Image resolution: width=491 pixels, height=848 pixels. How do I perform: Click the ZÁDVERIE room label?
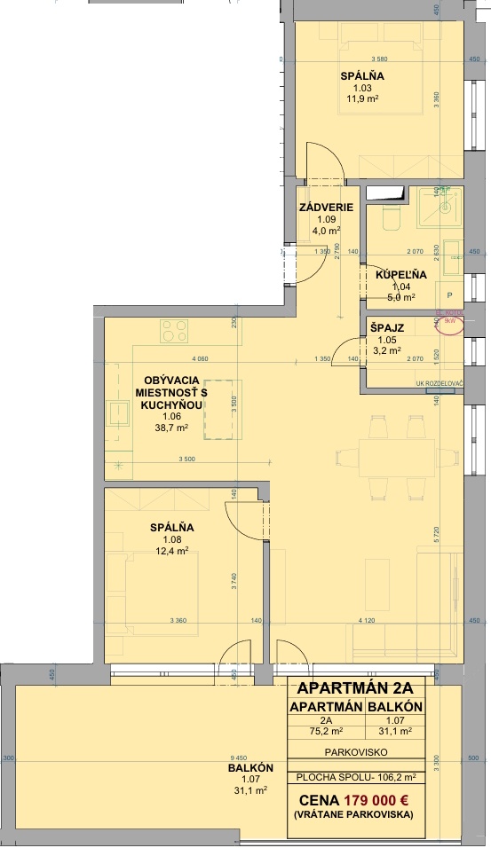click(327, 208)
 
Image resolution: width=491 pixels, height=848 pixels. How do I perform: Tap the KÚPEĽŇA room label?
click(400, 275)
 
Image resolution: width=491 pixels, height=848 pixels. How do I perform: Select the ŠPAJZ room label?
click(387, 327)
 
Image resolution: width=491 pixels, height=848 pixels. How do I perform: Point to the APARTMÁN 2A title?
click(355, 688)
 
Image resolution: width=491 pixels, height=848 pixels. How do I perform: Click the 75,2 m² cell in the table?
click(327, 732)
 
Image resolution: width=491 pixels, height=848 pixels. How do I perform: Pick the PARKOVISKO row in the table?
click(355, 750)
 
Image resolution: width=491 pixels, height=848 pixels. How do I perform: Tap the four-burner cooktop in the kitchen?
click(174, 332)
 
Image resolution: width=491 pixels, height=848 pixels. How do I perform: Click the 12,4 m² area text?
click(172, 551)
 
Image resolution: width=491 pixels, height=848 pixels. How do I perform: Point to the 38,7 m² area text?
click(172, 428)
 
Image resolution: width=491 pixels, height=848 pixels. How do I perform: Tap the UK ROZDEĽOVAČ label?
click(435, 382)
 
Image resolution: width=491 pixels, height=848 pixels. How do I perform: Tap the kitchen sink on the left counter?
click(118, 418)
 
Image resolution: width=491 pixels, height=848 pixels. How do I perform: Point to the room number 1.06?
click(172, 416)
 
